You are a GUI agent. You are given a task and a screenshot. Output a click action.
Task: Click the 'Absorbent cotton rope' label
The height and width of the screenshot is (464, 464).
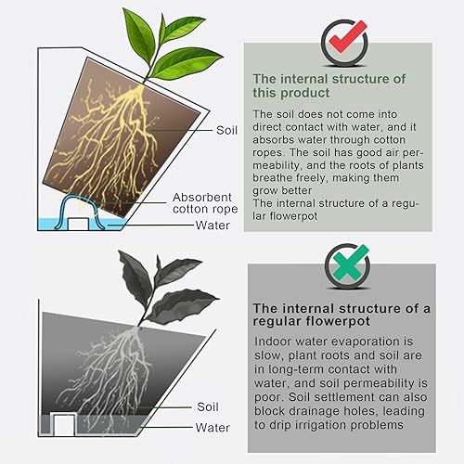pyautogui.click(x=203, y=204)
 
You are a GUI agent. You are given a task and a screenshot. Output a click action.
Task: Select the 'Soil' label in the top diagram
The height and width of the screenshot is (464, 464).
pyautogui.click(x=228, y=131)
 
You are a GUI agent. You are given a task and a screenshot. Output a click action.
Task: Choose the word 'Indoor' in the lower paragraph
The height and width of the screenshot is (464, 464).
pyautogui.click(x=275, y=343)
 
